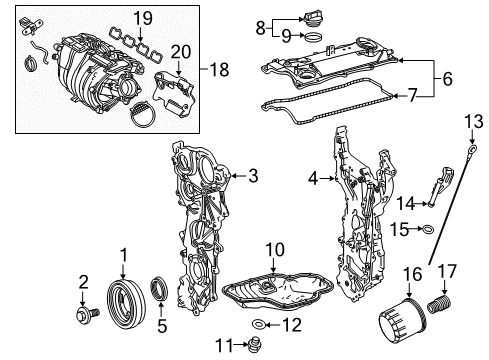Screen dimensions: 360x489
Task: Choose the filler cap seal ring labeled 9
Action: [x=311, y=39]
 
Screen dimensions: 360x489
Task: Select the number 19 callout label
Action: [x=143, y=17]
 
